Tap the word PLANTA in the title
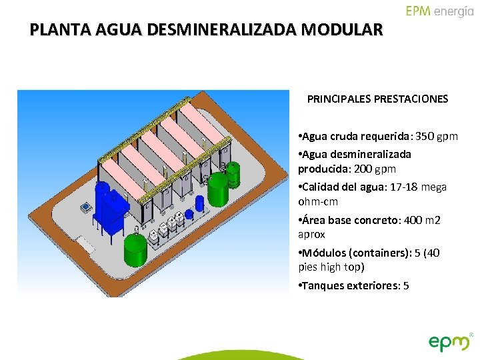pyautogui.click(x=55, y=30)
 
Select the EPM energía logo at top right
pyautogui.click(x=439, y=11)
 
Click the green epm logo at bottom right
pyautogui.click(x=451, y=341)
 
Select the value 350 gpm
pyautogui.click(x=437, y=137)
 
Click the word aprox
pyautogui.click(x=311, y=235)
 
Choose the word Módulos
pyautogui.click(x=325, y=253)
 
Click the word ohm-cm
pyautogui.click(x=319, y=201)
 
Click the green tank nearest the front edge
pyautogui.click(x=135, y=248)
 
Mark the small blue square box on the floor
pyautogui.click(x=86, y=208)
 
